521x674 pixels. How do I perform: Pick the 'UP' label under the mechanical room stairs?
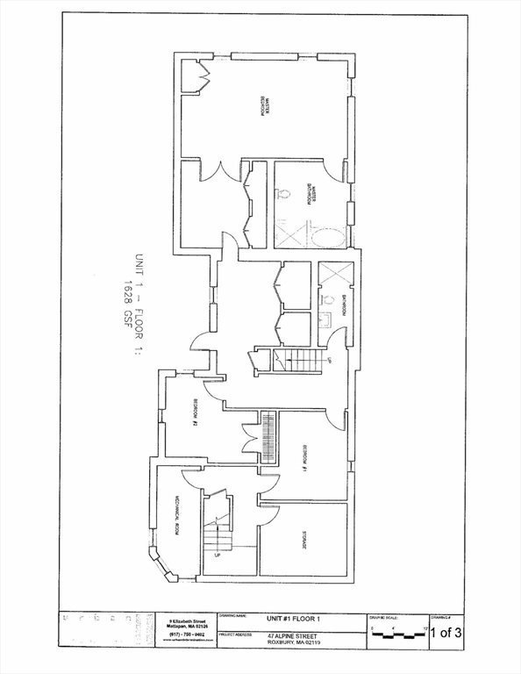pyautogui.click(x=217, y=556)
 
